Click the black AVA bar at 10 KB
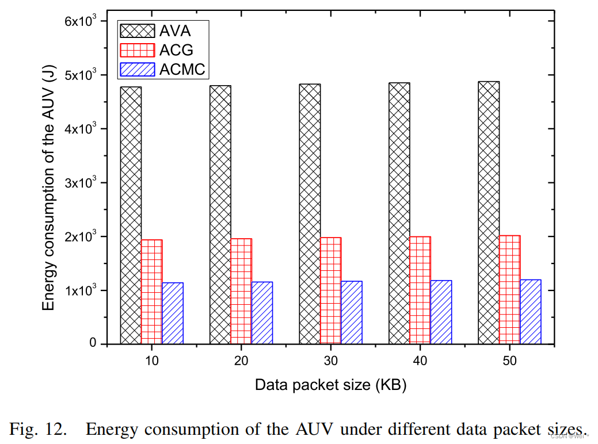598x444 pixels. pyautogui.click(x=131, y=215)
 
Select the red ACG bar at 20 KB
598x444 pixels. pyautogui.click(x=241, y=291)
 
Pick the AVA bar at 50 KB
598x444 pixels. pyautogui.click(x=489, y=212)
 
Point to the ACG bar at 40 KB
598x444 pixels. pyautogui.click(x=420, y=290)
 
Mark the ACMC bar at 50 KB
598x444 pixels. pyautogui.click(x=531, y=312)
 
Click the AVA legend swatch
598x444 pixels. pyautogui.click(x=136, y=30)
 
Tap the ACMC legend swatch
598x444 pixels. pyautogui.click(x=136, y=70)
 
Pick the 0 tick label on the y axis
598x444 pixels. pyautogui.click(x=94, y=344)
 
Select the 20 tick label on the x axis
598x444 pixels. pyautogui.click(x=241, y=361)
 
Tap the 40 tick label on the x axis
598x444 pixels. pyautogui.click(x=420, y=361)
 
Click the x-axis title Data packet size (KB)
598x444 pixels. pyautogui.click(x=331, y=385)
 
